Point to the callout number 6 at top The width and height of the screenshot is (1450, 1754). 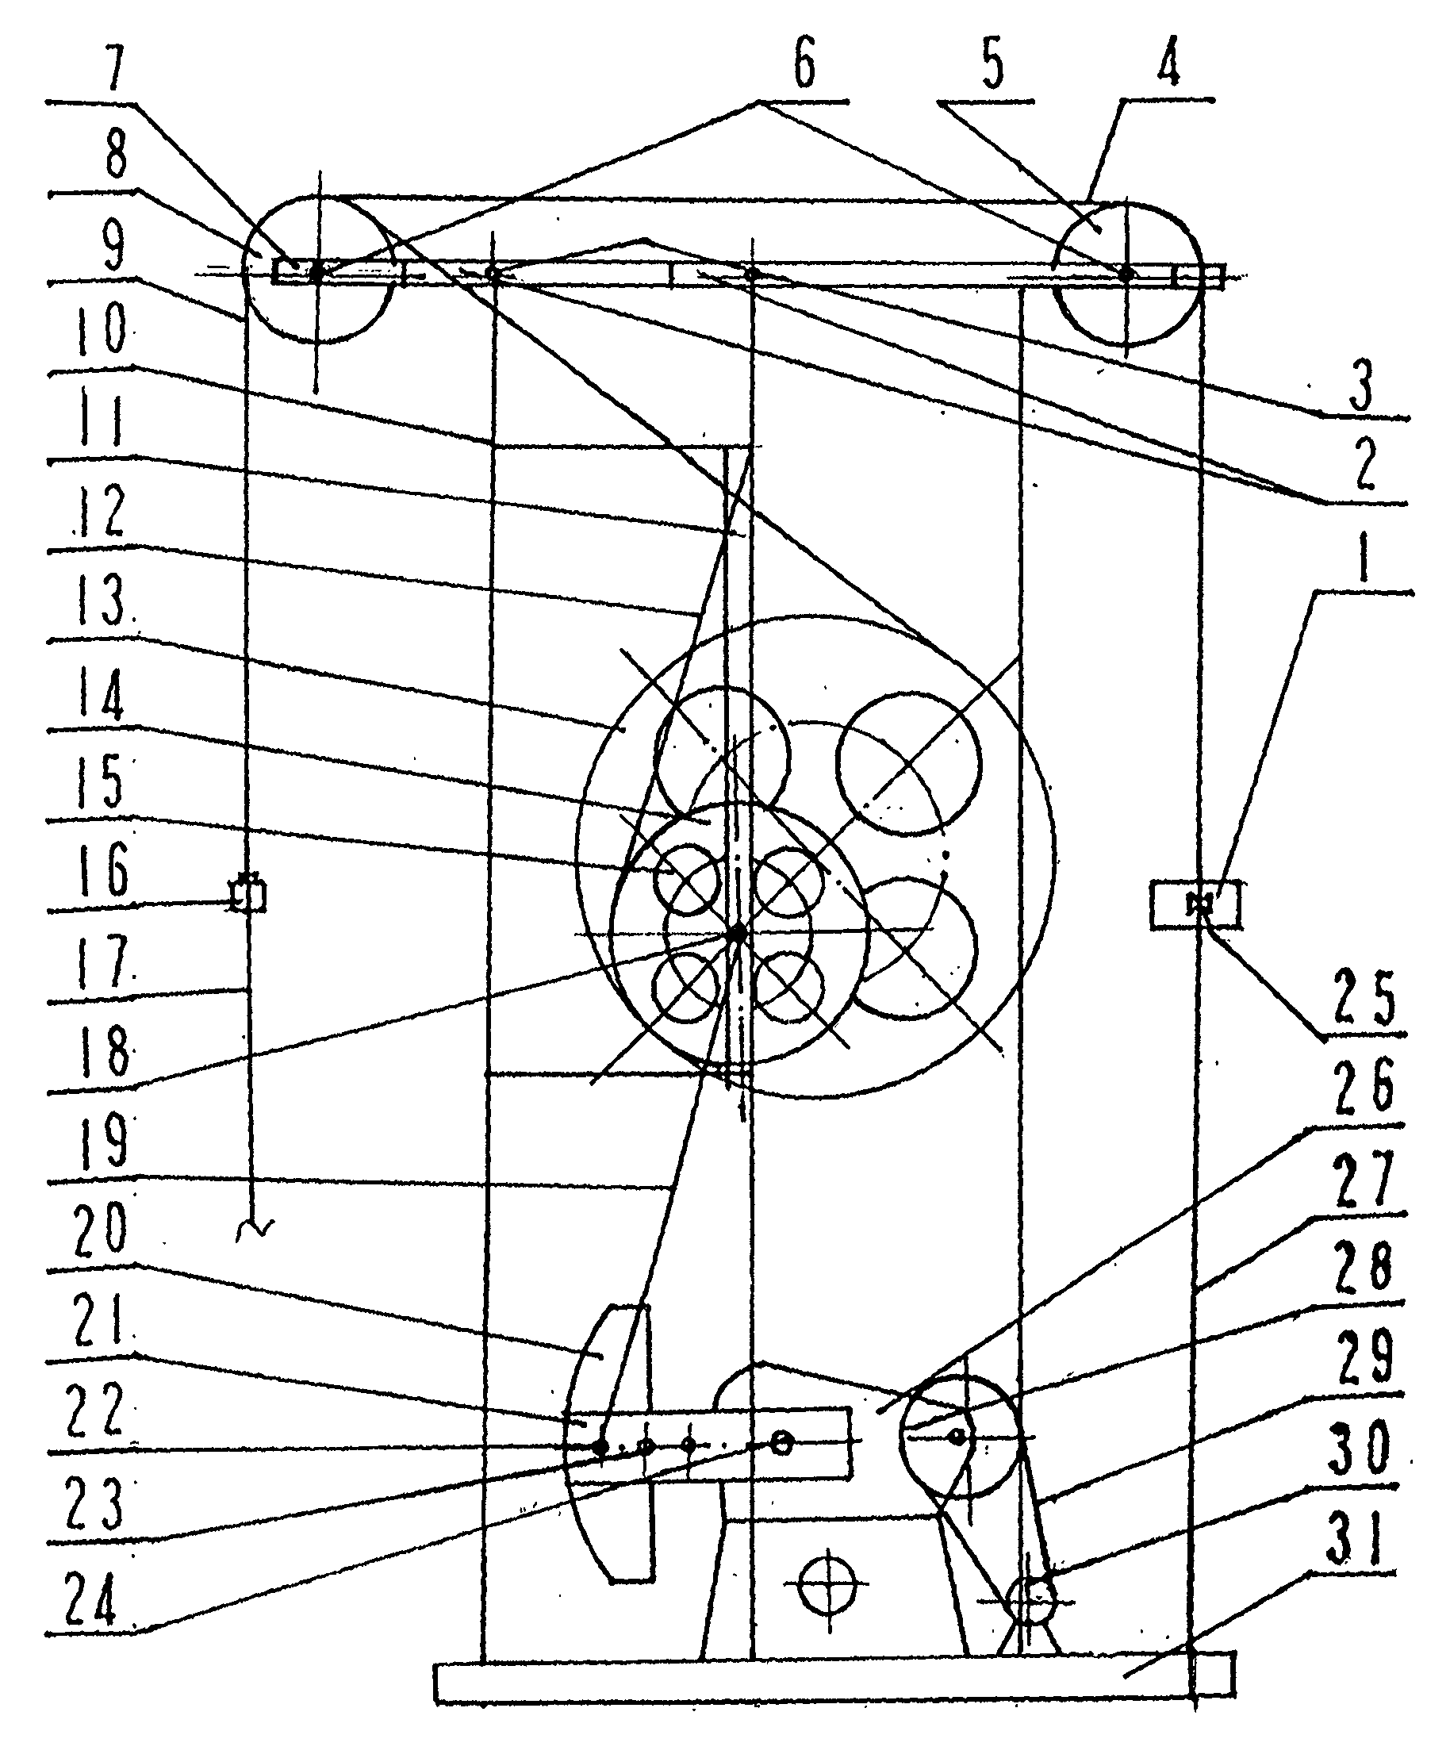click(803, 64)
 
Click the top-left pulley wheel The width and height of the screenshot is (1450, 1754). click(317, 269)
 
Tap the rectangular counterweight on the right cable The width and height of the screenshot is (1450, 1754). click(1195, 904)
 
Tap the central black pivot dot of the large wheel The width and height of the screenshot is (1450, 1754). click(738, 932)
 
